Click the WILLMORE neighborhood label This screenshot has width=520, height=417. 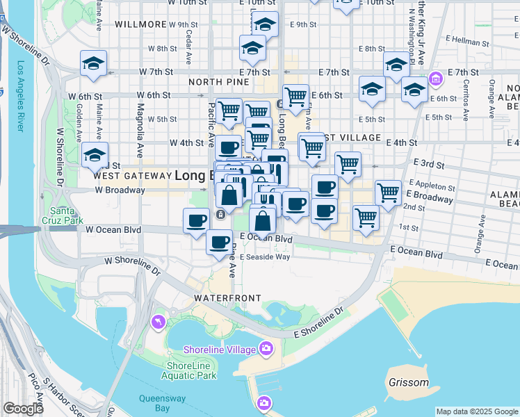[x=140, y=24]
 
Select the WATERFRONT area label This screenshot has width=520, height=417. [x=227, y=297]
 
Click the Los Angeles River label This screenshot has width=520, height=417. [x=20, y=97]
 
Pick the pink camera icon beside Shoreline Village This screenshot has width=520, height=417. [x=265, y=348]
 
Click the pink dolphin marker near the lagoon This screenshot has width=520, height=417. [x=158, y=322]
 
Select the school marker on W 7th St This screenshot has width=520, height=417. [x=93, y=63]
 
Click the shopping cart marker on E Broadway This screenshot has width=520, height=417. [x=388, y=193]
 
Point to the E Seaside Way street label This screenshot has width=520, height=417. [x=264, y=256]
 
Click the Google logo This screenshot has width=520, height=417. [x=23, y=409]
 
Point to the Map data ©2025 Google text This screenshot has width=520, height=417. [x=477, y=411]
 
